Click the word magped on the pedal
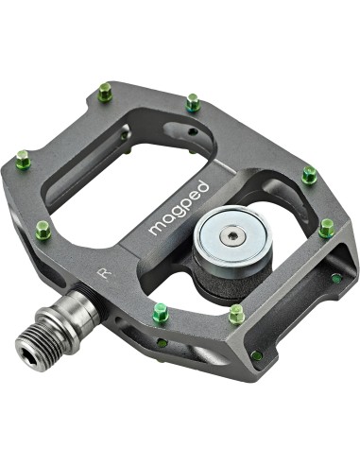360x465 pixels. (179, 208)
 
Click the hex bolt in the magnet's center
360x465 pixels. (230, 235)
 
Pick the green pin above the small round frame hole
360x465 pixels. (194, 103)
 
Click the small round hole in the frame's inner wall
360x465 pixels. (192, 130)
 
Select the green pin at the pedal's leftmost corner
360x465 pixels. (24, 160)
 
